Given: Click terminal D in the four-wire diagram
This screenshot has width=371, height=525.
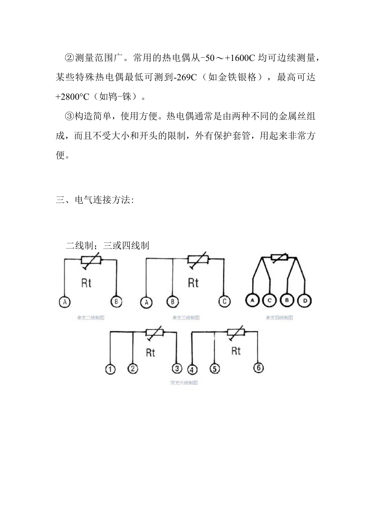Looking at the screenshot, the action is [304, 301].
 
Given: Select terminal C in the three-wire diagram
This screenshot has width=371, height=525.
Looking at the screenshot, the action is [224, 301].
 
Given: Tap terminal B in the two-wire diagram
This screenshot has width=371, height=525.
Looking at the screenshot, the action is [116, 302].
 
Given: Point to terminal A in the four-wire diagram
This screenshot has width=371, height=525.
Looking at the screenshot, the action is [252, 301].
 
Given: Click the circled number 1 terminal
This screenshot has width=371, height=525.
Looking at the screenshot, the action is [110, 369].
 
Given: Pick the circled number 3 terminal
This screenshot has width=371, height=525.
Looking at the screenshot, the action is [177, 368].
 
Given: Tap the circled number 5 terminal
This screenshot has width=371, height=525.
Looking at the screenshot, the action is [215, 368].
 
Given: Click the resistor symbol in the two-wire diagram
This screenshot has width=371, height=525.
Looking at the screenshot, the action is [92, 261].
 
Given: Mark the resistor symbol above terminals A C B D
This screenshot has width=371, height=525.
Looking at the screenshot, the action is [279, 257].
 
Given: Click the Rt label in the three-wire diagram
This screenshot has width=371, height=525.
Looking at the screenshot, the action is [193, 283].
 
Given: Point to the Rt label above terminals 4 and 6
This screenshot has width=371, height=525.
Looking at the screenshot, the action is [236, 351].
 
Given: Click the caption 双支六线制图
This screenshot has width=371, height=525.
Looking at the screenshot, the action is [184, 383].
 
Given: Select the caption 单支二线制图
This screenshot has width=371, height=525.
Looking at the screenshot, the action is [90, 318].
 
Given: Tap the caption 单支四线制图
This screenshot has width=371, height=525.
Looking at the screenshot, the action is [279, 318].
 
